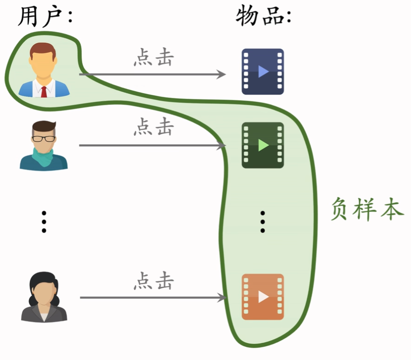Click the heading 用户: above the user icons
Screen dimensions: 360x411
45,17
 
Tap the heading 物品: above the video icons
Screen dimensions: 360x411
263,17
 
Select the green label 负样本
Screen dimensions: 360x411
367,209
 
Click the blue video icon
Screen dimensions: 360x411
263,71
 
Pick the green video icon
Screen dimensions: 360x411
263,145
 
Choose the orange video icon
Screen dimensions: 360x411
263,297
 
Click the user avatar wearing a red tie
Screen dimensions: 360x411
44,70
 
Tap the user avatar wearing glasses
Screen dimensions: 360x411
43,145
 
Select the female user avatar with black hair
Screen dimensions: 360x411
44,297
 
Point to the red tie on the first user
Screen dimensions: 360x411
44,91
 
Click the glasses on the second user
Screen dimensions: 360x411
43,139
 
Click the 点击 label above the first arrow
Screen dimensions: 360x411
153,58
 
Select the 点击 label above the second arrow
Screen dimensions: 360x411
153,127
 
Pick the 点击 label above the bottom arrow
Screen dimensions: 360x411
153,281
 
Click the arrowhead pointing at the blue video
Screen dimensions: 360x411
222,74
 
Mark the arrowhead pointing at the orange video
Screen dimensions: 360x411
222,298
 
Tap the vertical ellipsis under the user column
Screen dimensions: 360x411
44,221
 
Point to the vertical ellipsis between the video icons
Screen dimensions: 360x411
263,221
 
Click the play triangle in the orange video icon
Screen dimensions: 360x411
264,297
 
